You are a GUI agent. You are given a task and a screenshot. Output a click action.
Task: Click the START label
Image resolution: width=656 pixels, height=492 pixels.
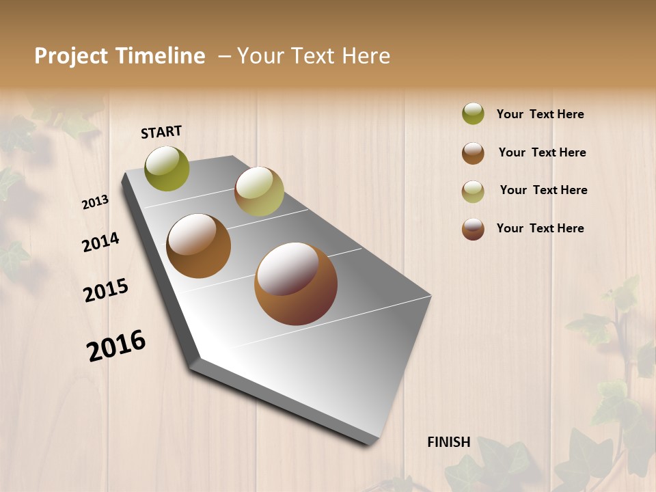(161, 132)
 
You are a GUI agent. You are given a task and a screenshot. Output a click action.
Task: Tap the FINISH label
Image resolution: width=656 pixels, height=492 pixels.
(448, 442)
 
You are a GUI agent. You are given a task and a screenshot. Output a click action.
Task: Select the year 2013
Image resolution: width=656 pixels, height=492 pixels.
(95, 202)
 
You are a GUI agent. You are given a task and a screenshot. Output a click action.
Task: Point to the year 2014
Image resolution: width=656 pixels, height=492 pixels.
(100, 242)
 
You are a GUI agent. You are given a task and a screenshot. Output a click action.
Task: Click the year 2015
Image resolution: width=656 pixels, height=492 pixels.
(106, 290)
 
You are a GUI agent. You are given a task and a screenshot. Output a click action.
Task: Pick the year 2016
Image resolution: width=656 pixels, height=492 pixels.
(116, 345)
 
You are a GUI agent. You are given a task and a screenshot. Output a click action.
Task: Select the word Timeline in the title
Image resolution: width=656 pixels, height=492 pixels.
(160, 56)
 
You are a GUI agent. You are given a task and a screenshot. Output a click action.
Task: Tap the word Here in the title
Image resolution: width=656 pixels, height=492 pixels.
(366, 56)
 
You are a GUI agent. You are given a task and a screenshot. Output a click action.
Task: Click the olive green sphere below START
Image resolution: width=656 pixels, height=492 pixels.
(167, 168)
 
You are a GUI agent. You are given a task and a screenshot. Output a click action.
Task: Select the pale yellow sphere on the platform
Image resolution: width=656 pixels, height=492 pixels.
(259, 191)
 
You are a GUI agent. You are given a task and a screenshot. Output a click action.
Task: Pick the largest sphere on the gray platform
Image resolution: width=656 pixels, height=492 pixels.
(296, 283)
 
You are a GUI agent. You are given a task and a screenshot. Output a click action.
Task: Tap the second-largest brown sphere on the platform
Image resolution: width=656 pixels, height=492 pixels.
(198, 246)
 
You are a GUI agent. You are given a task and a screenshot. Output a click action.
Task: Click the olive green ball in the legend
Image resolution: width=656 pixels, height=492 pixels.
(473, 113)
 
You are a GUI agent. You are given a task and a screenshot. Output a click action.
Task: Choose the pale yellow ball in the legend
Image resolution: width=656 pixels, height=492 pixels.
(473, 191)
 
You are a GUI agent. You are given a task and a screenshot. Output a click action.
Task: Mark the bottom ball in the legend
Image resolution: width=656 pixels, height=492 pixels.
(473, 229)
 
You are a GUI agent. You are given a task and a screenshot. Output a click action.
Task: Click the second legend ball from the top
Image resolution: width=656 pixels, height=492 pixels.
(473, 153)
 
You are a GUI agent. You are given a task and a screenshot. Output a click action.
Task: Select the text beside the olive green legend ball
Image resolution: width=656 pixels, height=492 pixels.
(540, 114)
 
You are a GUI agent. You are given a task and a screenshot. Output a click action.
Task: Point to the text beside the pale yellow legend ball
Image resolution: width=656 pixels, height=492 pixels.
(543, 190)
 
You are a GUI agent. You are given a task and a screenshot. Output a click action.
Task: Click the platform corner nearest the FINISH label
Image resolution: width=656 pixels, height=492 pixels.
(375, 441)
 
